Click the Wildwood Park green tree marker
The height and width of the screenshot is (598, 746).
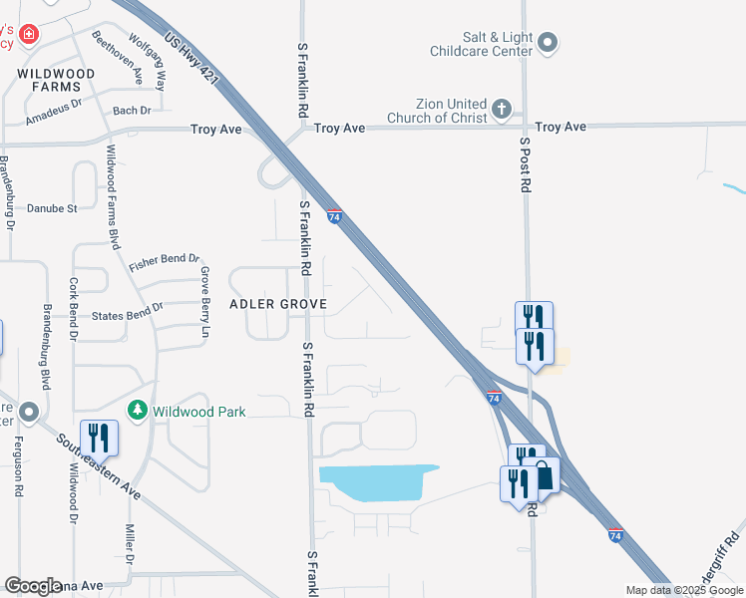coord(138,411)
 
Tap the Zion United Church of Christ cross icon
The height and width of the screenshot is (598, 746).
coord(501,108)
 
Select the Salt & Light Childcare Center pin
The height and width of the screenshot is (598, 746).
coord(549,43)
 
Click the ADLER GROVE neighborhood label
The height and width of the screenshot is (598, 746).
coord(279,303)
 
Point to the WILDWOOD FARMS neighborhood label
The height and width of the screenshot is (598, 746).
coord(56,81)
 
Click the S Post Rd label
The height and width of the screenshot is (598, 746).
coord(526,164)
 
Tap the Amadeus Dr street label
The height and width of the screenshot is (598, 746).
coord(54,110)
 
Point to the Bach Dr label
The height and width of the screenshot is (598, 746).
coord(132,111)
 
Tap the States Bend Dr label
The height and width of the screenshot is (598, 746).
coord(127,316)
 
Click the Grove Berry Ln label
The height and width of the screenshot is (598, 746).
coord(205,301)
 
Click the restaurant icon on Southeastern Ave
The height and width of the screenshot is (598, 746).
coord(100,438)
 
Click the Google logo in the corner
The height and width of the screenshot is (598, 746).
coord(34,586)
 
